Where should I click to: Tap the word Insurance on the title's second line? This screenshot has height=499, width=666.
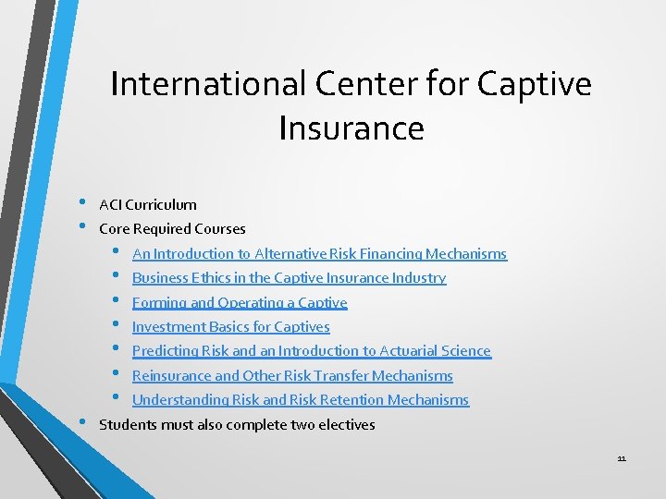[351, 128]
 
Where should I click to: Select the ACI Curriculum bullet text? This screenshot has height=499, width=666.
[148, 204]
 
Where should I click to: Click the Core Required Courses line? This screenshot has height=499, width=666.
[172, 228]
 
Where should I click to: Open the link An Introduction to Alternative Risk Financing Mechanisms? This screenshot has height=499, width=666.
[319, 253]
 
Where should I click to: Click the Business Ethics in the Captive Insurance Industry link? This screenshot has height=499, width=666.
[289, 277]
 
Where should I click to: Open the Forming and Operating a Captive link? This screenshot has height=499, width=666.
[240, 302]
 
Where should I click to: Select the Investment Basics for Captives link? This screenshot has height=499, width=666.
[230, 326]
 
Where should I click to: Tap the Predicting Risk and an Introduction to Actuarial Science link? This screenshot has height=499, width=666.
[311, 351]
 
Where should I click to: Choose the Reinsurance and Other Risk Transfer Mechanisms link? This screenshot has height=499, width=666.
[292, 375]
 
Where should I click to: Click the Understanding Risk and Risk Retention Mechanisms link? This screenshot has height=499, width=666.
[300, 400]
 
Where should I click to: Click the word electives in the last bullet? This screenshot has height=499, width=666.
[347, 425]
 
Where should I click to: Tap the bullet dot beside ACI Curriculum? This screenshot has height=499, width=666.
[82, 202]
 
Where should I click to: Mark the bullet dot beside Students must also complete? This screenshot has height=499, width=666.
[82, 423]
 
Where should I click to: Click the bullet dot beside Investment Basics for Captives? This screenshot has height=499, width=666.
[116, 324]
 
